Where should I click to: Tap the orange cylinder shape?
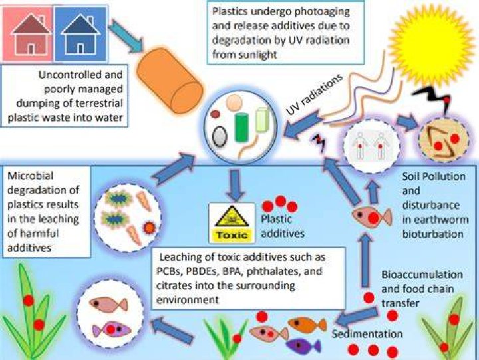point(170,81)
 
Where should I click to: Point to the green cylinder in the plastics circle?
point(241,128)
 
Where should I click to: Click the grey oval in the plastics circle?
point(220,136)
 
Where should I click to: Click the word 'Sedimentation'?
point(367,334)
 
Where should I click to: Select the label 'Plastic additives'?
point(283,226)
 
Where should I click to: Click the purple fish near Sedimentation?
point(303,346)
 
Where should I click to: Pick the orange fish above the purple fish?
point(307,325)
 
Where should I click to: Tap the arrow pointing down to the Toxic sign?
point(236,186)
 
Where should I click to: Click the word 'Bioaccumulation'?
point(422,274)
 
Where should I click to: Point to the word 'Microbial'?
point(30,176)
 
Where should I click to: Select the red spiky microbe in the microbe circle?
point(150,227)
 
